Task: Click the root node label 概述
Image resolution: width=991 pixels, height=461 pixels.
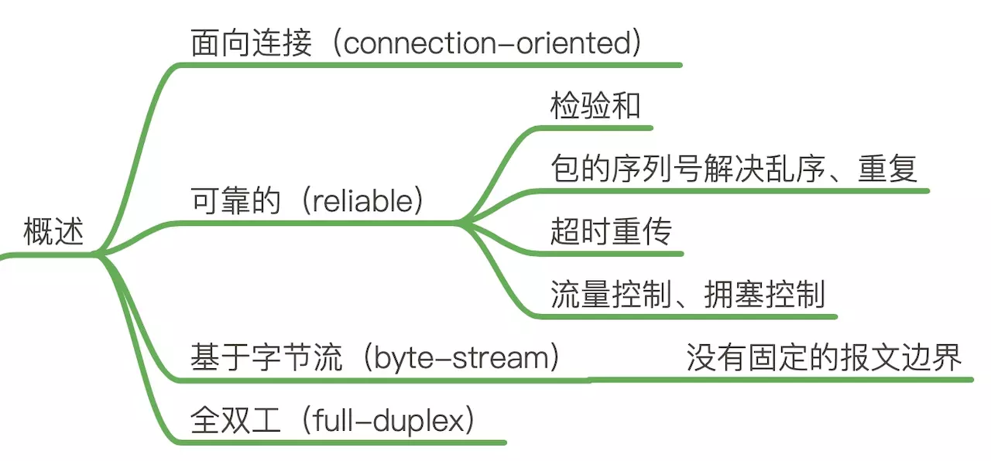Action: [53, 232]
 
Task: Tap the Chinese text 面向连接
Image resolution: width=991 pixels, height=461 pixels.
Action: [251, 43]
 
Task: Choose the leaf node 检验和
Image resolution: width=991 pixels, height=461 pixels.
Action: [595, 106]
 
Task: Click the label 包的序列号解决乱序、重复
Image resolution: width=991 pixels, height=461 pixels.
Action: [734, 169]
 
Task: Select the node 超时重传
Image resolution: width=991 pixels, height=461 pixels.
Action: [611, 232]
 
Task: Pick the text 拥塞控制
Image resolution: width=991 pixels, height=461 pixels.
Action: [764, 295]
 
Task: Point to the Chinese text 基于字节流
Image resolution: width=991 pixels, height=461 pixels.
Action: [266, 358]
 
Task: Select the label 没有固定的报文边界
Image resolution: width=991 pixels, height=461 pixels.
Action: [824, 358]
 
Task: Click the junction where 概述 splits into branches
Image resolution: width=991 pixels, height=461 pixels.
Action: [98, 254]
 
